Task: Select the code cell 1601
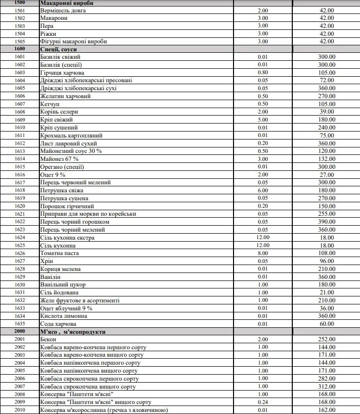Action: (x=20, y=57)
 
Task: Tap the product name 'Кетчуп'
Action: (x=49, y=104)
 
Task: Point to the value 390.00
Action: (x=327, y=221)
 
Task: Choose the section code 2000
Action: (x=20, y=331)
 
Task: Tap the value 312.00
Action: (x=327, y=387)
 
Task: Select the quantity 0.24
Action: (x=263, y=402)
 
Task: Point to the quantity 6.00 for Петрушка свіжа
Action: (x=263, y=190)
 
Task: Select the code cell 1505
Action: (x=20, y=41)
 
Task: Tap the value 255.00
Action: (x=327, y=214)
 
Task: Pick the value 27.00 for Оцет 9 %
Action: (x=327, y=174)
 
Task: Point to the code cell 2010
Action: (x=20, y=410)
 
